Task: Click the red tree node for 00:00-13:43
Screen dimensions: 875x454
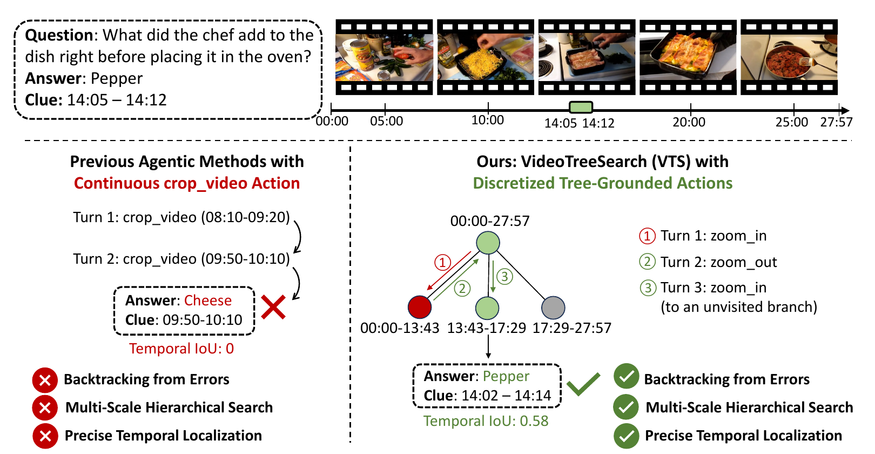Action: point(420,307)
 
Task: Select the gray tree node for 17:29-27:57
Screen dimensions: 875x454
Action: point(553,307)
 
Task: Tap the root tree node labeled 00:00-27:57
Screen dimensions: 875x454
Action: point(488,243)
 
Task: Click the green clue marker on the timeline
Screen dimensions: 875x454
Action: point(581,107)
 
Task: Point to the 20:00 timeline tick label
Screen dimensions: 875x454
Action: point(689,122)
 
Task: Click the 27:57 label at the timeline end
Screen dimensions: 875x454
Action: point(836,122)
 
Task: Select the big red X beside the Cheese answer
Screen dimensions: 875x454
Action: point(273,308)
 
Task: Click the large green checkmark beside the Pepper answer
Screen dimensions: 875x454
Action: point(583,384)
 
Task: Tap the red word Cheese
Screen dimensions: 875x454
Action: point(208,301)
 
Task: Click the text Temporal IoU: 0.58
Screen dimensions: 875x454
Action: point(486,421)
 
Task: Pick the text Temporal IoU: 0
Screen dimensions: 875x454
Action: point(181,349)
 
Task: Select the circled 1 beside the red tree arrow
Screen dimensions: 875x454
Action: point(442,262)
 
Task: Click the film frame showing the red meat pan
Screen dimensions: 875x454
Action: point(789,57)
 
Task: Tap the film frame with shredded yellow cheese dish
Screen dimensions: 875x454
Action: point(486,57)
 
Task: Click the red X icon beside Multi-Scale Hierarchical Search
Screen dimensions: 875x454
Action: point(45,408)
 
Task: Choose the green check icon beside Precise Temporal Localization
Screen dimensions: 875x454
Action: point(626,436)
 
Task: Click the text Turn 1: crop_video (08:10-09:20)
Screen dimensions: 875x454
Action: point(181,217)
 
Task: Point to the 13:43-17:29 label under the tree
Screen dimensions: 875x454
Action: point(486,328)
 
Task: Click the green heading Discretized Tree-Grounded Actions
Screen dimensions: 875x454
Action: point(602,183)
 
